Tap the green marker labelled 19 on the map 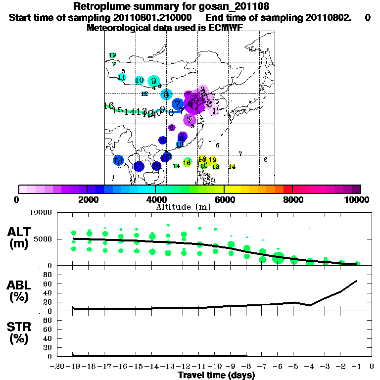click(x=112, y=55)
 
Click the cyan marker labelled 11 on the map click(x=122, y=77)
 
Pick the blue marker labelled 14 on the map click(x=118, y=160)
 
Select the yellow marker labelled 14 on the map click(x=232, y=167)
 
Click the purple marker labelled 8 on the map click(x=172, y=128)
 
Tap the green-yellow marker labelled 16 click(x=187, y=162)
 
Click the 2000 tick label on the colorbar click(x=87, y=200)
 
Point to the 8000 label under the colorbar click(x=292, y=200)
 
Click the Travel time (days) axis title click(x=216, y=376)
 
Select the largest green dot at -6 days click(x=278, y=257)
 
